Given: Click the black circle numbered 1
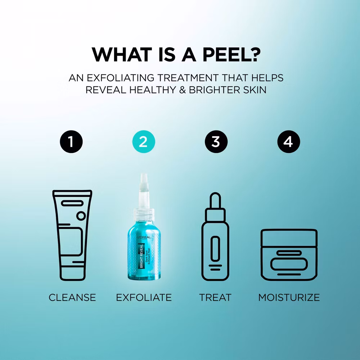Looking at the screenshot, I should coord(71,142).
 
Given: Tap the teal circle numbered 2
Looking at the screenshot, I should coord(143,142).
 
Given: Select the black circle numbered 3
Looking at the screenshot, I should coord(216,142).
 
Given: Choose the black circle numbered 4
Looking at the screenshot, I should coord(288,142).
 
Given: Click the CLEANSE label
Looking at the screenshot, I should coord(72,297).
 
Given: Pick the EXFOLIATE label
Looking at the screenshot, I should coord(144,297).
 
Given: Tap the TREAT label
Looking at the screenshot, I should coord(215,297).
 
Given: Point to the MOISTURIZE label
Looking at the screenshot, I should coord(289,297).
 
